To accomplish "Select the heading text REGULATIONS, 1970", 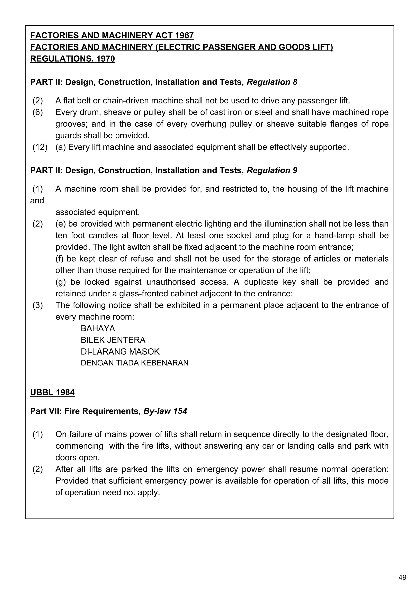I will [x=72, y=59].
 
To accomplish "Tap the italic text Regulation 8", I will [x=272, y=82].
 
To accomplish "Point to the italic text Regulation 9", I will [x=272, y=170].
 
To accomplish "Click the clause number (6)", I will [x=38, y=112].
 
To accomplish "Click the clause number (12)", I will [x=40, y=147].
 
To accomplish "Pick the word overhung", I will [x=208, y=124].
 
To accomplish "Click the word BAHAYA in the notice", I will [x=98, y=329].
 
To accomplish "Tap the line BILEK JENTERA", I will [x=113, y=340].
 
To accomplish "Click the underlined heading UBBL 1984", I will [x=52, y=393].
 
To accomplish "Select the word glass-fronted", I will [x=144, y=294].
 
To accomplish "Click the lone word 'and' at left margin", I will [x=37, y=201].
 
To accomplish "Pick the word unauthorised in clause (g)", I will [x=171, y=282].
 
